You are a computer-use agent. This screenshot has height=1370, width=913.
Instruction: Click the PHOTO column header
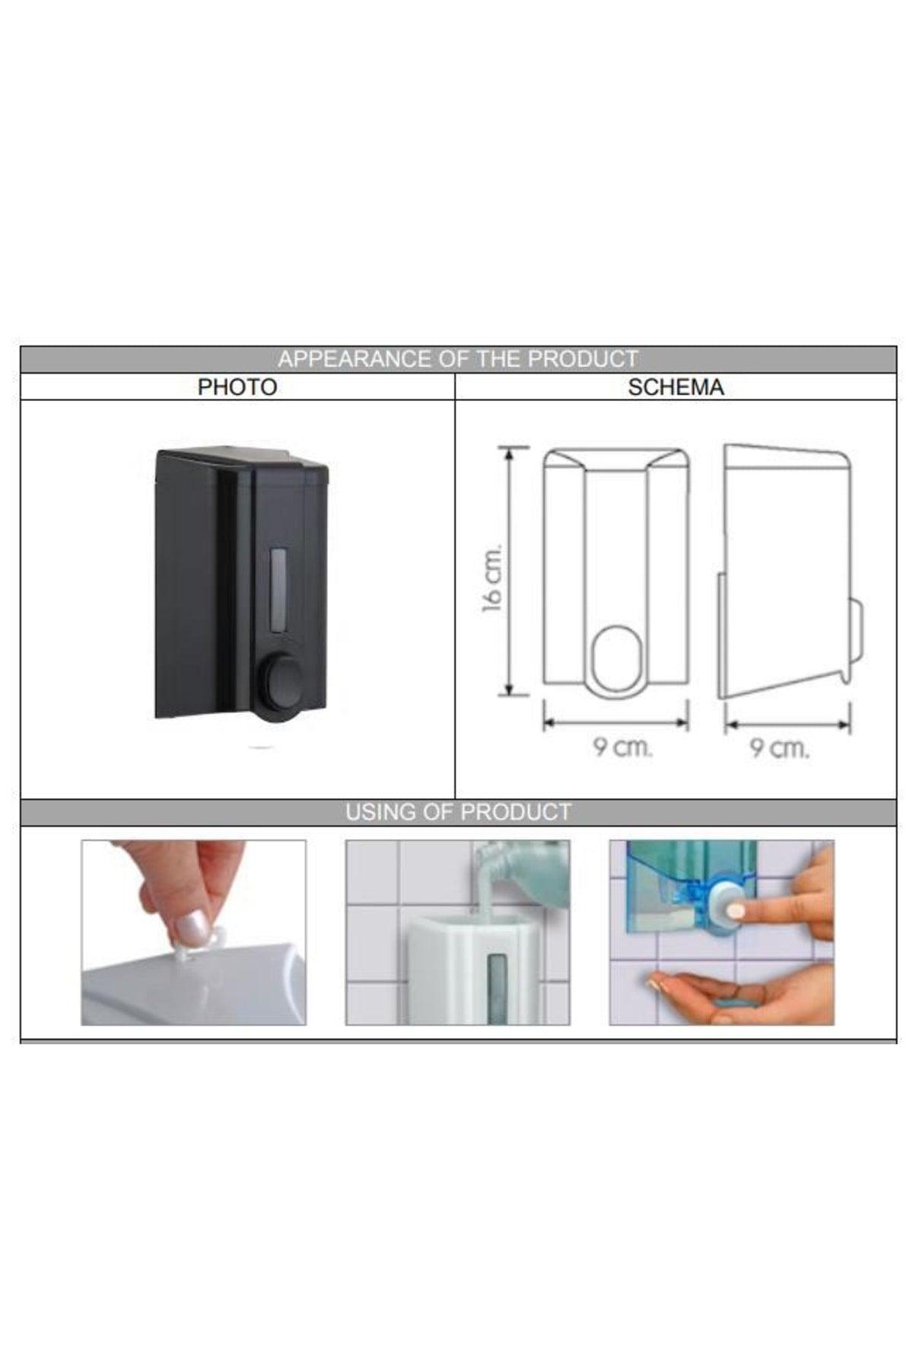pos(237,387)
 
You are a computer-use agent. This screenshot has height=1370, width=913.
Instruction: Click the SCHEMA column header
pos(676,387)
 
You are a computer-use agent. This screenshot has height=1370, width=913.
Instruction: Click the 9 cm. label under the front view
pos(623,747)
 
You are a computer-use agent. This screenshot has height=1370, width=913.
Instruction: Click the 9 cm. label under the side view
pos(780,748)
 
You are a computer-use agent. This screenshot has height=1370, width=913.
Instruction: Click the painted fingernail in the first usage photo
pos(186,929)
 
